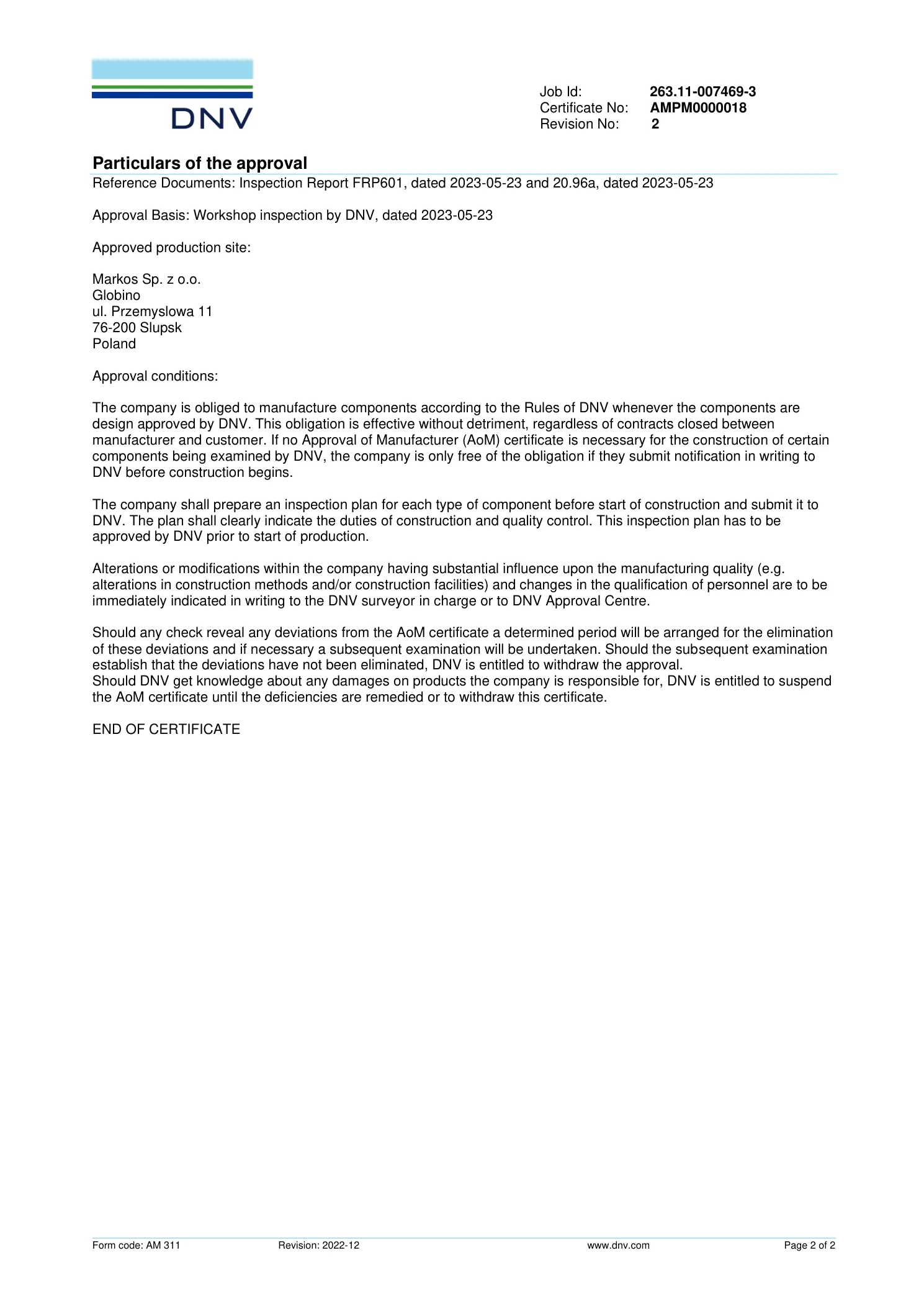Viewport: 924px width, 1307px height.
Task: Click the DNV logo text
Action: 212,118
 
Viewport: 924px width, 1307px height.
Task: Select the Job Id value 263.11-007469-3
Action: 702,92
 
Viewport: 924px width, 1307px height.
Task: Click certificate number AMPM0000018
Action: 698,108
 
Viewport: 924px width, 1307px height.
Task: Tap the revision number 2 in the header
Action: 655,124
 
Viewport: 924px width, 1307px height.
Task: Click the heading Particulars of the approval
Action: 200,163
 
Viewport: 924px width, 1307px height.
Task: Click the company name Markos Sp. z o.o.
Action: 146,279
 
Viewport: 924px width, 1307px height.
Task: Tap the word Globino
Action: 117,296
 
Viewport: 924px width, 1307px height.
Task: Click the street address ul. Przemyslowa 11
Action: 153,312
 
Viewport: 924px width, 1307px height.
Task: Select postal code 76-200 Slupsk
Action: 137,328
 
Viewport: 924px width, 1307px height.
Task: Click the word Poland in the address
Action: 114,344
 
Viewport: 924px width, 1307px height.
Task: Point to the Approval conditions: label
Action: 155,376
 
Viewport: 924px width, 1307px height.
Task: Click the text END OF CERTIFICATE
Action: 166,729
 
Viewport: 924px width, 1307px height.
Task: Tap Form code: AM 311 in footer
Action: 137,1245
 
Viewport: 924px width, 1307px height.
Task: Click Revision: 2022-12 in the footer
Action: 319,1245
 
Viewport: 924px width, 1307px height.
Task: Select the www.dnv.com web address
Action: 618,1245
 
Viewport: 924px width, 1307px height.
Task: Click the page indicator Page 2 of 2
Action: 809,1245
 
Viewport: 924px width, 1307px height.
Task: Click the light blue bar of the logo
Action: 173,69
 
